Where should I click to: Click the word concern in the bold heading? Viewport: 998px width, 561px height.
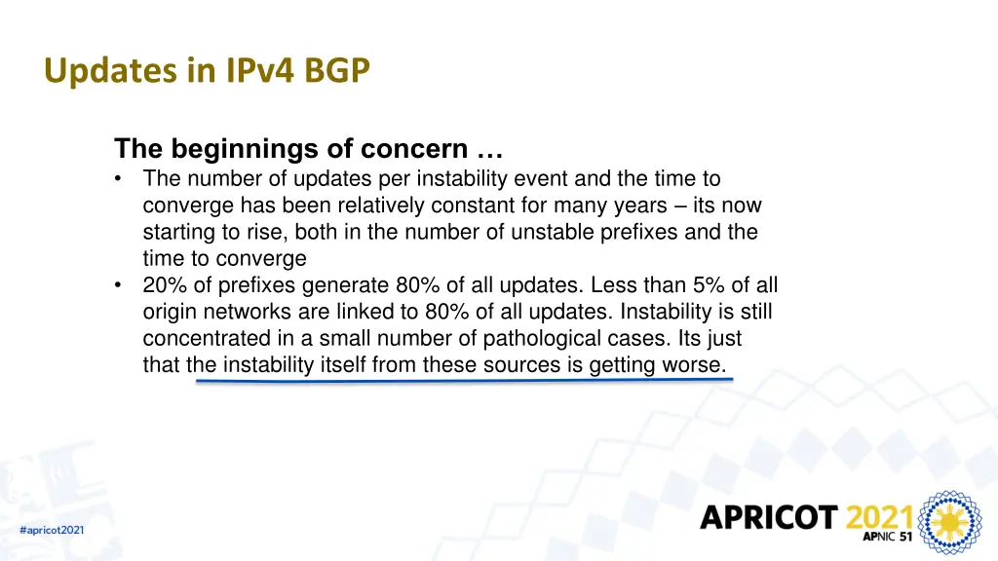click(x=414, y=150)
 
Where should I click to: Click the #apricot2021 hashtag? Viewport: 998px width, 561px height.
click(x=52, y=529)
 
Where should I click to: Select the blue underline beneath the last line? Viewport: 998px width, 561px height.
click(x=463, y=381)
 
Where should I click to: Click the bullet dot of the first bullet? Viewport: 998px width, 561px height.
click(x=119, y=179)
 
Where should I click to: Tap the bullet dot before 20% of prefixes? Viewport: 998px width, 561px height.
click(x=119, y=286)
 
